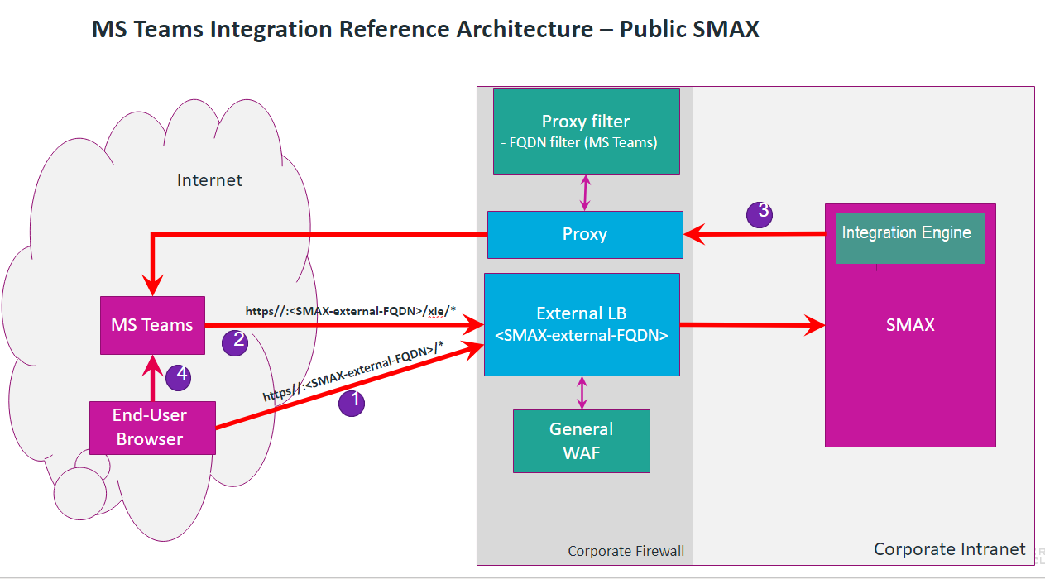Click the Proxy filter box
[586, 131]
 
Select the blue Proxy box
[585, 234]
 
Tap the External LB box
[582, 324]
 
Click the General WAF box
[581, 441]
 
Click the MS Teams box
[152, 325]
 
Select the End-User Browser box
[152, 428]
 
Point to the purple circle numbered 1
[352, 403]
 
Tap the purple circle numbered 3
[760, 213]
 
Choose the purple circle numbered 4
[179, 377]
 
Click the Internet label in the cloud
[209, 180]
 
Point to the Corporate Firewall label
[626, 551]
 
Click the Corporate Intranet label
[949, 549]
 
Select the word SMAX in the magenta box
[910, 325]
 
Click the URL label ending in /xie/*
[351, 311]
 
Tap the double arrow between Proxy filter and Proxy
[586, 192]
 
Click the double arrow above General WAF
[582, 392]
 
